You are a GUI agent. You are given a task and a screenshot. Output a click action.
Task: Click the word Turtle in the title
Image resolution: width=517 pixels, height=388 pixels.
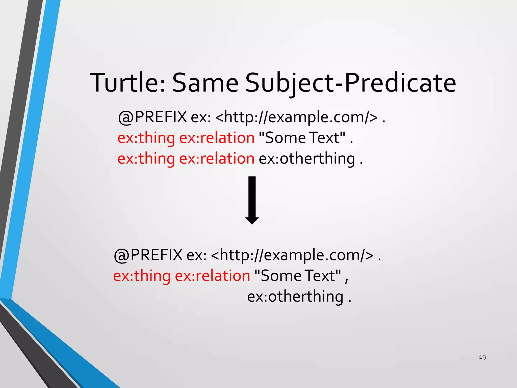click(x=127, y=83)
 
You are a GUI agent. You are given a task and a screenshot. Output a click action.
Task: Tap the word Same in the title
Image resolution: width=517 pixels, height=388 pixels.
click(x=205, y=83)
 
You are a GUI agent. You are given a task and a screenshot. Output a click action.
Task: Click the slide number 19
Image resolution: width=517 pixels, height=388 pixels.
click(x=482, y=357)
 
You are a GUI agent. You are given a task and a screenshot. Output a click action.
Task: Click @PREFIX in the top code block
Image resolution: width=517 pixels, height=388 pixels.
click(x=152, y=117)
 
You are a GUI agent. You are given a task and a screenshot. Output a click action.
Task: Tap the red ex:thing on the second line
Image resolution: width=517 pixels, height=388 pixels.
click(x=146, y=138)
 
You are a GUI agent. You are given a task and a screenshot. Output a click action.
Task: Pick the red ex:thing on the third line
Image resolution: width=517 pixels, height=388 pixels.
click(x=146, y=159)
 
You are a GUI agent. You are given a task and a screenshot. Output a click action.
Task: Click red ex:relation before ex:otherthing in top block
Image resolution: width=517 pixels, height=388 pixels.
click(x=217, y=159)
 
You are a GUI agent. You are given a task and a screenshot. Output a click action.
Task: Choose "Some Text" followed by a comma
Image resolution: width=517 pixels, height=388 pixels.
click(x=298, y=276)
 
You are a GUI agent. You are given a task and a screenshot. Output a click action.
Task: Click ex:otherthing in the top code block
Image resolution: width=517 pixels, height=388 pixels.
click(x=307, y=159)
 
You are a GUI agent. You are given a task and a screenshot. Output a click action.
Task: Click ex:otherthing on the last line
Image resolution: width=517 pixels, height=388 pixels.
click(x=295, y=296)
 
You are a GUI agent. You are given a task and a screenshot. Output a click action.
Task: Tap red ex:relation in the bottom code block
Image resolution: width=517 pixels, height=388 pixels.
click(x=212, y=276)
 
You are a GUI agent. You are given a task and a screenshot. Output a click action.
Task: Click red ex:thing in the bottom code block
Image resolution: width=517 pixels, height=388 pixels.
click(x=142, y=276)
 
